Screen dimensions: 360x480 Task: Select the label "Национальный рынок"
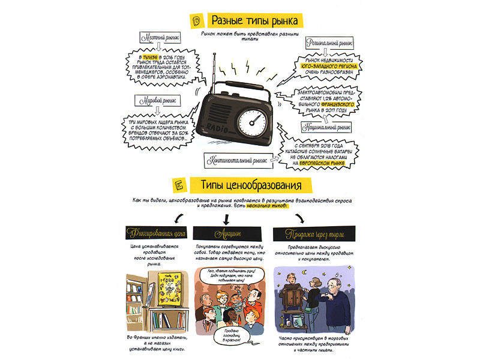pyautogui.click(x=327, y=127)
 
